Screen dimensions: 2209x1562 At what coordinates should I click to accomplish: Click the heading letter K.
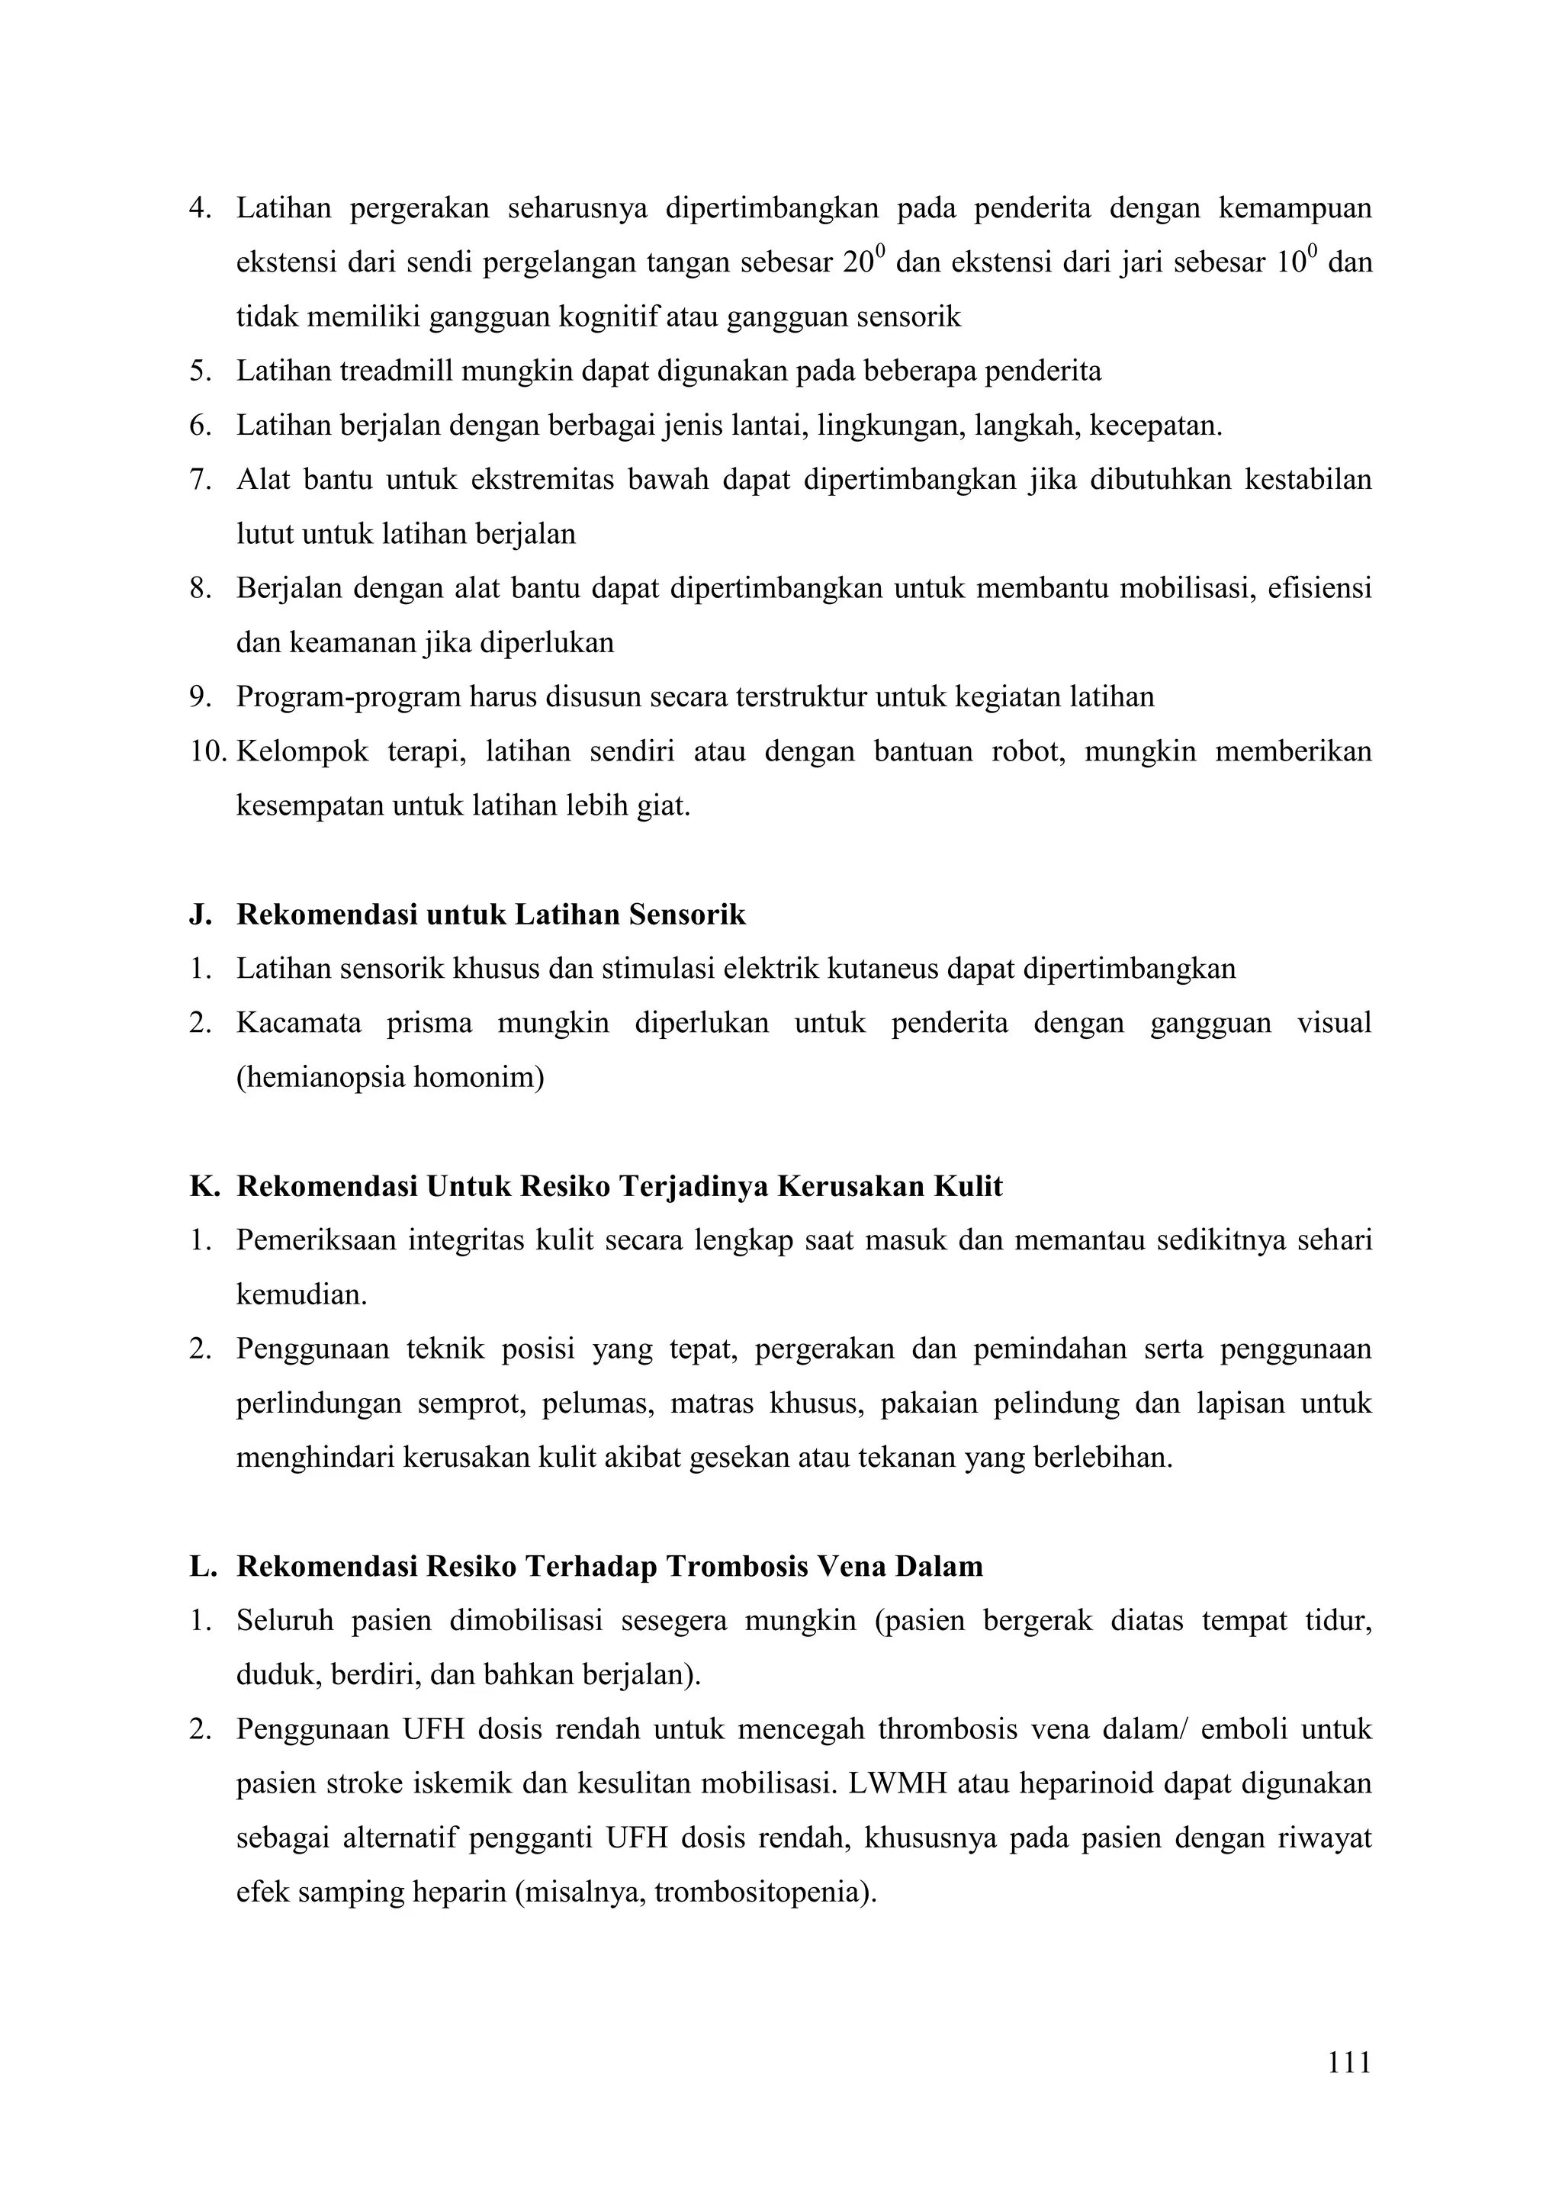pyautogui.click(x=202, y=1186)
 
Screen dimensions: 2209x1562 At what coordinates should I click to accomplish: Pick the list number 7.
pyautogui.click(x=199, y=480)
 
